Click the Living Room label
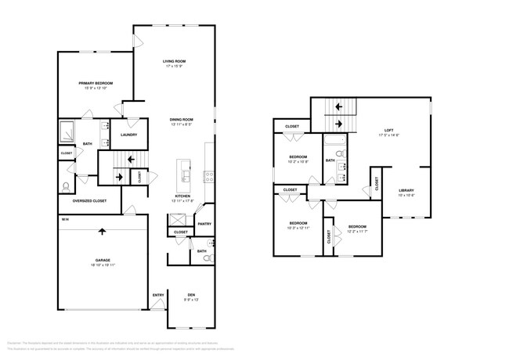click(174, 61)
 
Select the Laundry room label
click(129, 135)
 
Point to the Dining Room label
click(182, 119)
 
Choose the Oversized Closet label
click(91, 201)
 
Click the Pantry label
click(204, 224)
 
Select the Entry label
click(158, 295)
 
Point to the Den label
click(190, 295)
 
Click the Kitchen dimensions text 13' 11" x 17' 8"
click(182, 200)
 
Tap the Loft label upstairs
click(389, 130)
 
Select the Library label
click(406, 190)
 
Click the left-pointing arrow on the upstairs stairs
click(339, 106)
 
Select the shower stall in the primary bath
click(68, 131)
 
